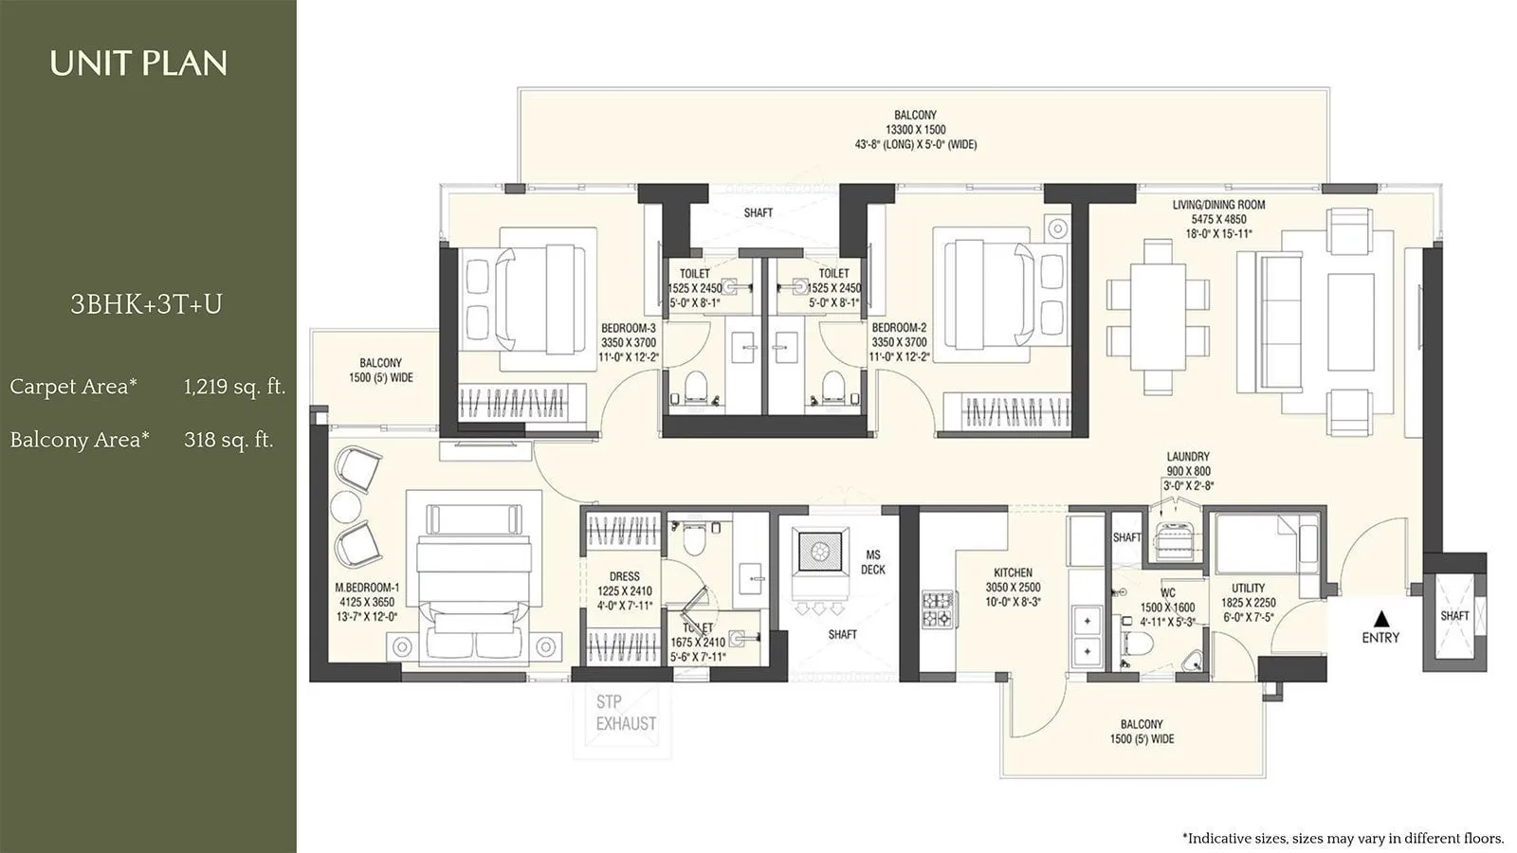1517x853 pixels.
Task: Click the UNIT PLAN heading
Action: [x=138, y=64]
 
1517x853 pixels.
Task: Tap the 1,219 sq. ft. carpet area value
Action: [x=234, y=387]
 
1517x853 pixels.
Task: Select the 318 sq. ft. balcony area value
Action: [x=228, y=440]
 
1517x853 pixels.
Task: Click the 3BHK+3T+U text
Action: [x=146, y=304]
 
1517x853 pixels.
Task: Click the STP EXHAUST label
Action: [x=625, y=713]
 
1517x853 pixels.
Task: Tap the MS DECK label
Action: [x=872, y=562]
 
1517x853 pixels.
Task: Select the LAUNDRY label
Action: [x=1188, y=457]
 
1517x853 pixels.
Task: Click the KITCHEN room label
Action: [x=1013, y=572]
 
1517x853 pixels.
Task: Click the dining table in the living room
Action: [x=1158, y=316]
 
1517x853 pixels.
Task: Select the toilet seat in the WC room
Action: [x=1136, y=644]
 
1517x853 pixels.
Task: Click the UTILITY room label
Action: [x=1248, y=588]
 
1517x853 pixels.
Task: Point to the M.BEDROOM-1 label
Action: [x=367, y=588]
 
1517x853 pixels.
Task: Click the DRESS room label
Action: [x=624, y=576]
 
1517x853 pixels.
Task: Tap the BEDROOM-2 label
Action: [x=899, y=328]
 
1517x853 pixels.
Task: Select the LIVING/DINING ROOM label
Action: [x=1218, y=205]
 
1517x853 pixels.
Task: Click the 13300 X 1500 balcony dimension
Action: [x=915, y=130]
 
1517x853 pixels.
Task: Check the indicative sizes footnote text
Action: [x=1343, y=838]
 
